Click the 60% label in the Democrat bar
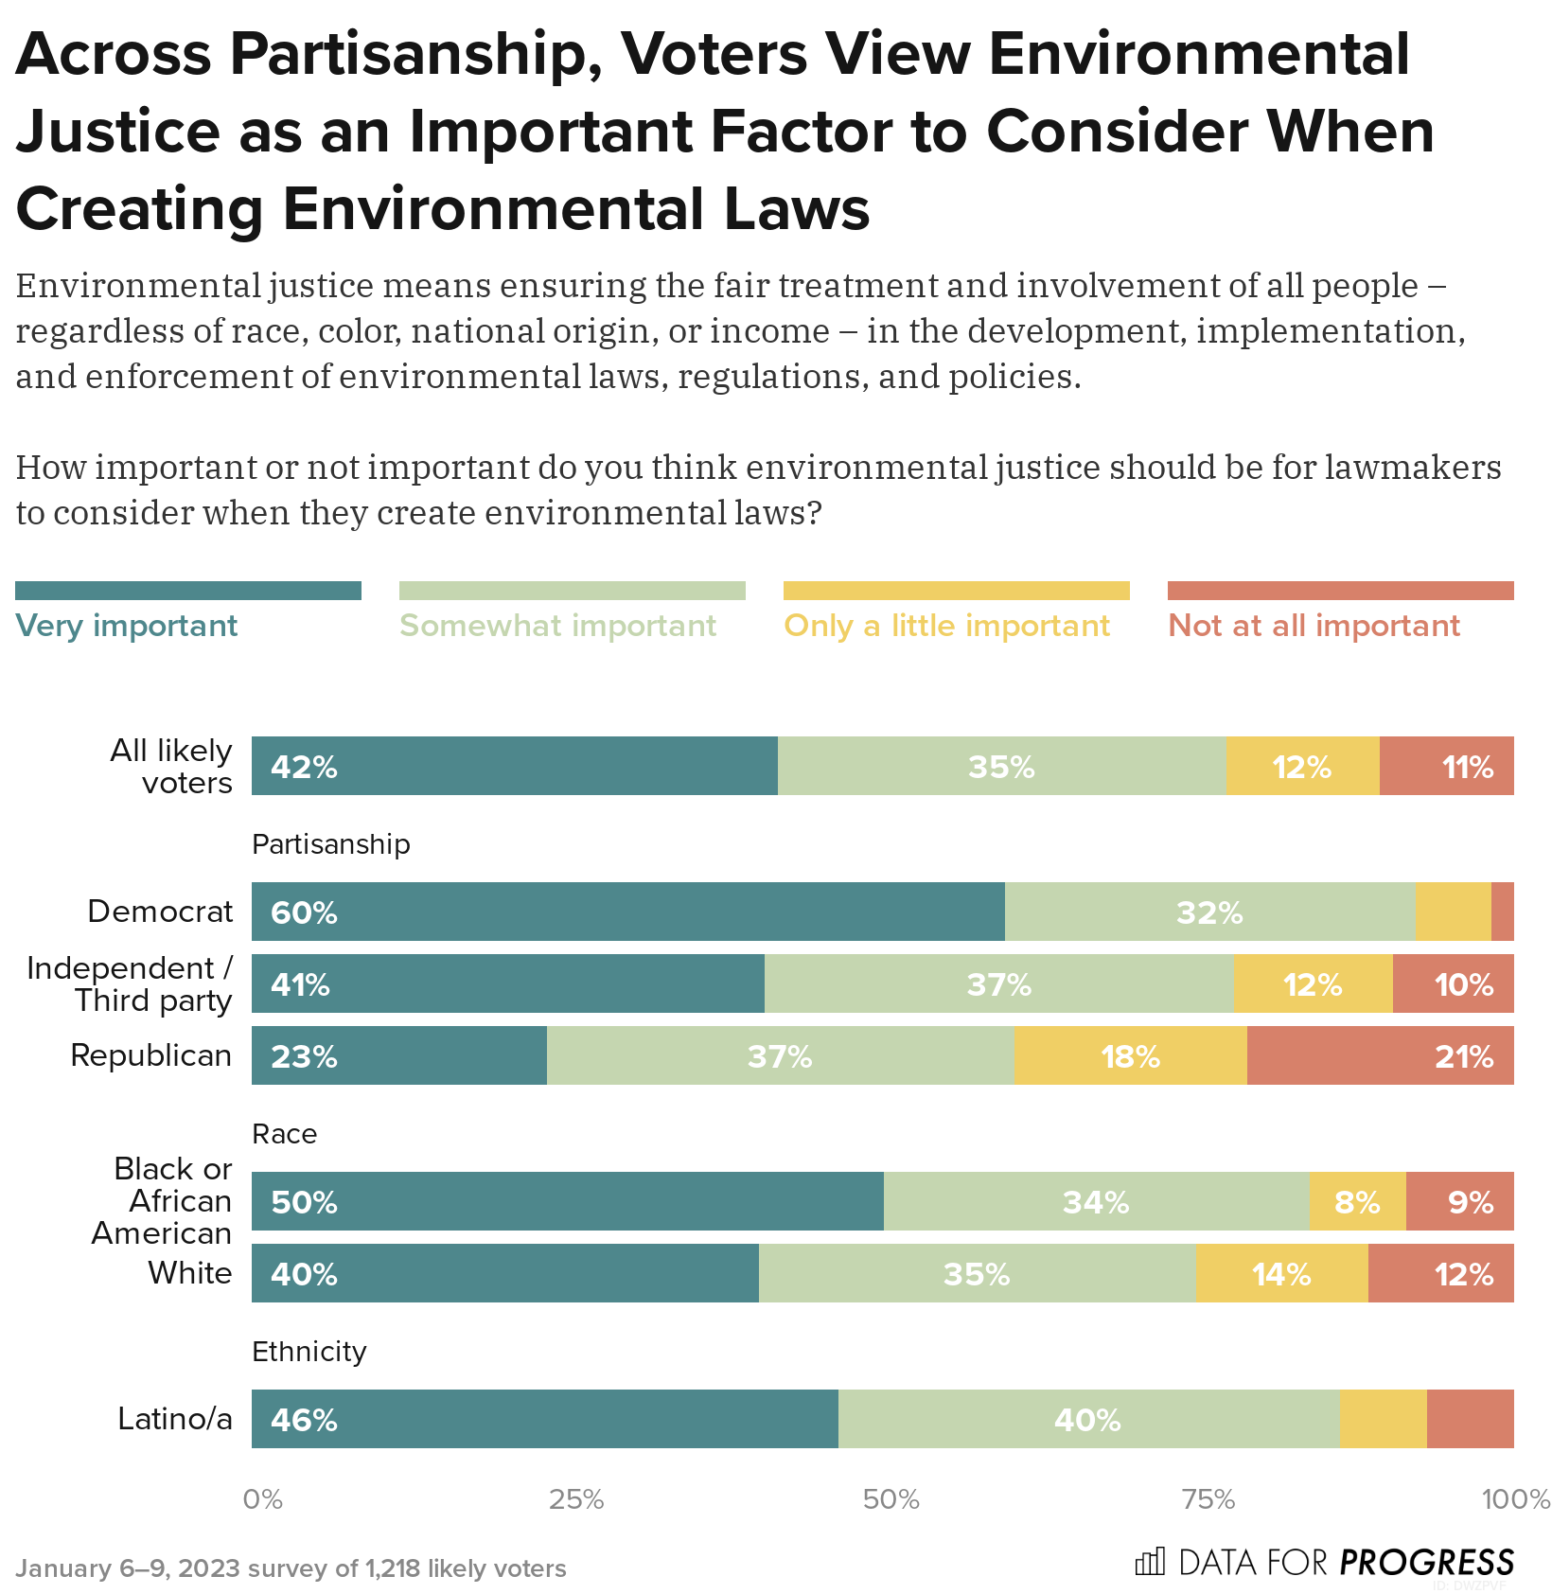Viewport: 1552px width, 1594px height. [x=304, y=912]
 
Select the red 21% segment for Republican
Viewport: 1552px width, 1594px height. [x=1380, y=1055]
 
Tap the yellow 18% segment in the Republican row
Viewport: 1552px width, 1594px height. [x=1130, y=1055]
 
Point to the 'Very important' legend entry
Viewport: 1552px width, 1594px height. [x=127, y=626]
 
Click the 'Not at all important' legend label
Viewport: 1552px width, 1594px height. [x=1314, y=626]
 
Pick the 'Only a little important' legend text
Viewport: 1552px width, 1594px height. [x=946, y=626]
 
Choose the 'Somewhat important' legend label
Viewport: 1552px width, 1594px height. [x=557, y=626]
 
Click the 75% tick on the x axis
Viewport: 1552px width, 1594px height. [x=1208, y=1499]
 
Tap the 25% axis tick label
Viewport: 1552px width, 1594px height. [x=576, y=1499]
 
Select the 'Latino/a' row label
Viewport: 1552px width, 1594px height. [x=175, y=1419]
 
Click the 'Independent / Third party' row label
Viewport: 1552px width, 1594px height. [x=130, y=984]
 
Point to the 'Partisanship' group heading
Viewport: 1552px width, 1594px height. [x=330, y=844]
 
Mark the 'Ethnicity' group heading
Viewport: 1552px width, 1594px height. [x=309, y=1352]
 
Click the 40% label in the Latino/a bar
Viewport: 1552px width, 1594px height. [x=1086, y=1420]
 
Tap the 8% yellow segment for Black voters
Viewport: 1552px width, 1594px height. [x=1356, y=1202]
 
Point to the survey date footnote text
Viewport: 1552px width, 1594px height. [x=291, y=1568]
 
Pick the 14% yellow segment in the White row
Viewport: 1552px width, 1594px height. [x=1281, y=1274]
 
